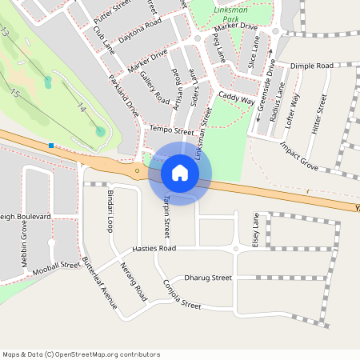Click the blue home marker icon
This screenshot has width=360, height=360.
coord(180,173)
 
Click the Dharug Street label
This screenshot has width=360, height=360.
coord(208,278)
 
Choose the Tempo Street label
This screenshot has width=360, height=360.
coord(172,130)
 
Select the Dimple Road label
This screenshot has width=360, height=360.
coord(311,66)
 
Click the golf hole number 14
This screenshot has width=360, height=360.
coord(81,106)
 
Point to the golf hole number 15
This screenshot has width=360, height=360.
coord(15,94)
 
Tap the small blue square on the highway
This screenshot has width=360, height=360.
coord(51,146)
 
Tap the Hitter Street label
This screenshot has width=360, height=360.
coord(317,114)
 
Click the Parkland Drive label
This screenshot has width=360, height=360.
coord(124,96)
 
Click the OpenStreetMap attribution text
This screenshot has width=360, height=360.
coord(81,354)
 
